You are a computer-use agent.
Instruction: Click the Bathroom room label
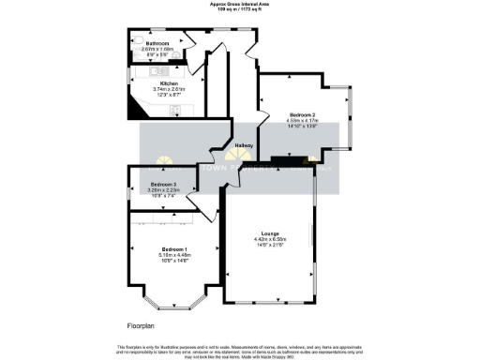[x=157, y=43]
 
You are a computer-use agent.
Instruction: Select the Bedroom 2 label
[x=302, y=112]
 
